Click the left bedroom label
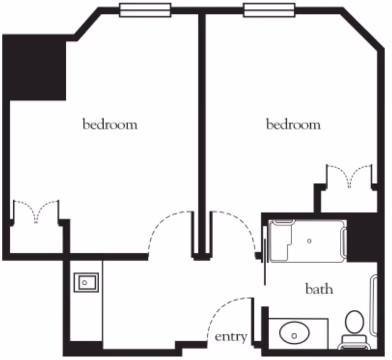coord(110,124)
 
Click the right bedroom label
coord(293,124)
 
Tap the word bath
coord(319,289)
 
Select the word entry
coord(231,337)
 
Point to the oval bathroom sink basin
coord(294,333)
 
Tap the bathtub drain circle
coord(310,241)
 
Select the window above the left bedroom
coord(145,10)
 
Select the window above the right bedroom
coord(269,10)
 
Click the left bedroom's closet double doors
coord(36,210)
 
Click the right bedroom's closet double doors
coord(349,175)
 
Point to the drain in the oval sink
coord(294,336)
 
